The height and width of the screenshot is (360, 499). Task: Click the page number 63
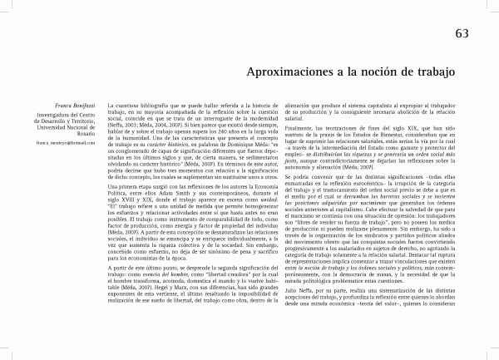pos(464,33)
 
